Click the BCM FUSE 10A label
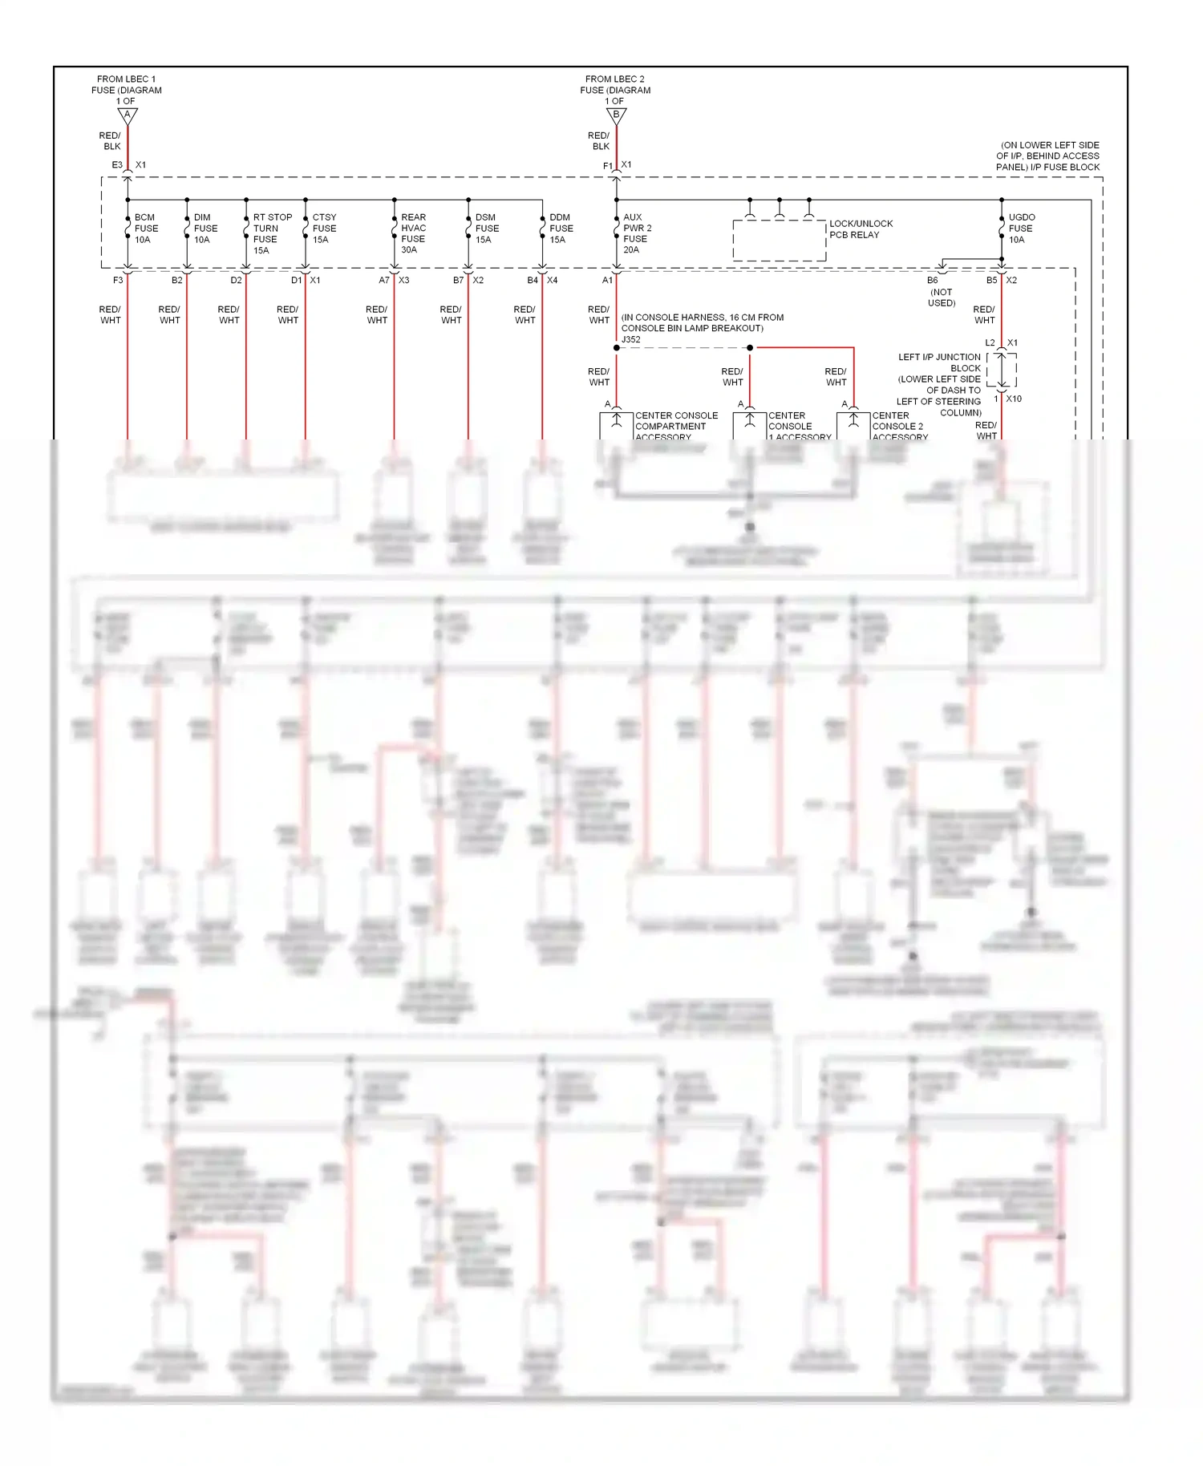coord(146,229)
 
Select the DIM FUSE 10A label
coord(205,229)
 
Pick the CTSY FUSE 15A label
coord(324,229)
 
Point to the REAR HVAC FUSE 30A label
coord(413,233)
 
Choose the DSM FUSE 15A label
coord(487,229)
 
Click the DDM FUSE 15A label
coord(561,229)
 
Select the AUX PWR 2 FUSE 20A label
coord(637,233)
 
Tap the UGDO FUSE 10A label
coord(1021,229)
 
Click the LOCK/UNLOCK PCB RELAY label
coord(861,229)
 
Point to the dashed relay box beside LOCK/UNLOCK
coord(779,240)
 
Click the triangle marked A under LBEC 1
coord(128,116)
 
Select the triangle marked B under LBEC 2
coord(616,116)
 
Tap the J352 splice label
coord(631,339)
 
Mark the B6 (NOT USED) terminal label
coord(941,291)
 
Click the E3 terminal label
coord(117,165)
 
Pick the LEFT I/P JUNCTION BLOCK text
coord(939,362)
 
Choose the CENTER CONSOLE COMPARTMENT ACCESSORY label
coord(675,427)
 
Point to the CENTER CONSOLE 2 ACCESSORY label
coord(899,427)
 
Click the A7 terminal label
coord(384,281)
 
